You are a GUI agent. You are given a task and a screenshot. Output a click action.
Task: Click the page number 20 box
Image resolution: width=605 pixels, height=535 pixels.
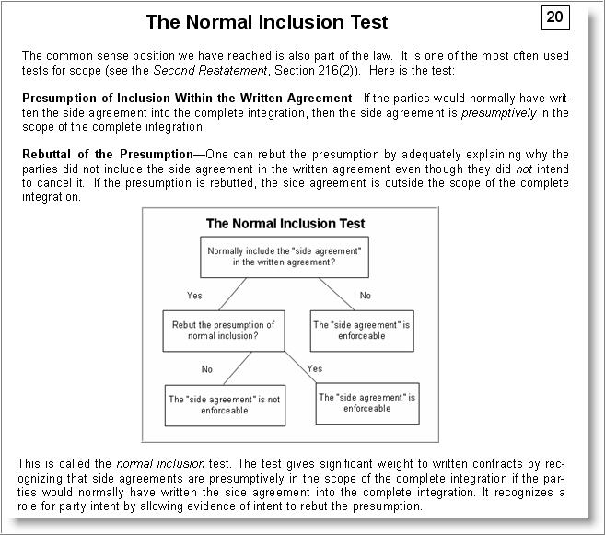coord(554,17)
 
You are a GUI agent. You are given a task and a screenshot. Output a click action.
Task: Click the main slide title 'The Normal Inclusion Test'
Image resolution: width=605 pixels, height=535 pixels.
coord(267,22)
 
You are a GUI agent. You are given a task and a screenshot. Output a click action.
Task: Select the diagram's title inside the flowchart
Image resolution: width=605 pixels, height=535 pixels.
coord(285,223)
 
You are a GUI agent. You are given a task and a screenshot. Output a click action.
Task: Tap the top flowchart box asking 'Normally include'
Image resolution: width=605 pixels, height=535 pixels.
coord(284,256)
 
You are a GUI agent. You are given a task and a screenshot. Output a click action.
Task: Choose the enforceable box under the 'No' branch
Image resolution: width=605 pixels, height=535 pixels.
coord(349,331)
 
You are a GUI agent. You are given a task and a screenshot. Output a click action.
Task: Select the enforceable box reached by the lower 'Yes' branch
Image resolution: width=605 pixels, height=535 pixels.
coord(366,403)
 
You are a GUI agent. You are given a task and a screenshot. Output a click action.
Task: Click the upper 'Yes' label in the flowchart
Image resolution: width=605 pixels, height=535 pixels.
coord(194,296)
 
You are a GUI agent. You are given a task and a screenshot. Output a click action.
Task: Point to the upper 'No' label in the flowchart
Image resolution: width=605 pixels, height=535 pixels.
coord(366,296)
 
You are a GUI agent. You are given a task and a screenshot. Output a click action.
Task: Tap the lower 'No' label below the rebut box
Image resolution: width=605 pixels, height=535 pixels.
coord(207,368)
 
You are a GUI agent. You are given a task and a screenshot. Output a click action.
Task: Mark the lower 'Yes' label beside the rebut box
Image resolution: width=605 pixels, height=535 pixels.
coord(314,368)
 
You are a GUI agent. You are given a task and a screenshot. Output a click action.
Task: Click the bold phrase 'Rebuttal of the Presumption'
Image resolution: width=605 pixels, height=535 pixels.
coord(106,154)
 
